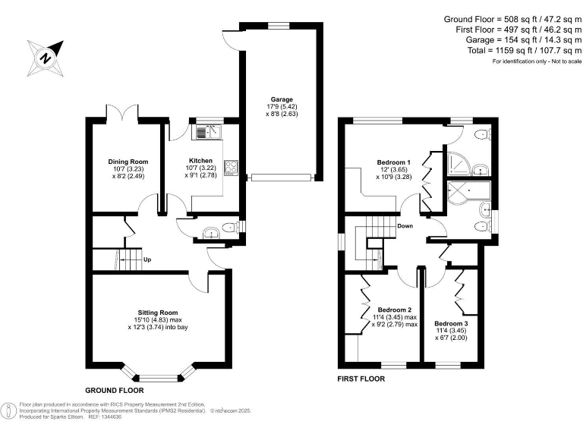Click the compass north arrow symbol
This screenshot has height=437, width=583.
coord(46,55)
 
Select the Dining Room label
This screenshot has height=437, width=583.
coord(128,162)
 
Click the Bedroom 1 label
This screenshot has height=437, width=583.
coord(393,162)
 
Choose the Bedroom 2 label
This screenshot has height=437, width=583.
coord(395,310)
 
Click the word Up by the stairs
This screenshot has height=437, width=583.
coord(147,259)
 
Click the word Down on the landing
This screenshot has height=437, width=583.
coord(405,226)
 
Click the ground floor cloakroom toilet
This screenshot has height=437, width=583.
coord(230,226)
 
